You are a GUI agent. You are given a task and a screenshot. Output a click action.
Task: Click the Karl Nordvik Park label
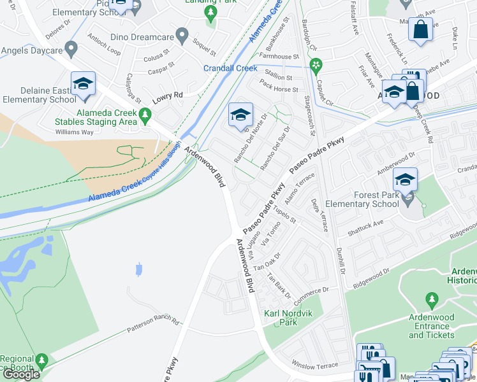point(281,317)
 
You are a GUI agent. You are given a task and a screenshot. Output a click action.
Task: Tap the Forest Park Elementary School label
point(361,199)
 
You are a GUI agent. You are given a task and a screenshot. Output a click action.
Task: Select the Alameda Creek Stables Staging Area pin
point(145,115)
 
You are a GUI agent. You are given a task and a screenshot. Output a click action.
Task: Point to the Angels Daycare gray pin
point(71,48)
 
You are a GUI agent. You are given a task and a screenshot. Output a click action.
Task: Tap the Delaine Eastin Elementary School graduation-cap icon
point(83,85)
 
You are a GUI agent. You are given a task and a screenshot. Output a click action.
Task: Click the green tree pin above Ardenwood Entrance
point(432,299)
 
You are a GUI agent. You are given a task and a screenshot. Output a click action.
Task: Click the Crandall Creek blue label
point(230,68)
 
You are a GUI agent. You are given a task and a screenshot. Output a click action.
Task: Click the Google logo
point(20,374)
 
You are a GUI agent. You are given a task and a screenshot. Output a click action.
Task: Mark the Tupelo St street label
point(285,215)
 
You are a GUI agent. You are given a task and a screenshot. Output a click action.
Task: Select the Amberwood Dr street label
point(395,167)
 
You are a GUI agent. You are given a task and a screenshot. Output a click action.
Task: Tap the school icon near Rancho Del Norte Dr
point(240,115)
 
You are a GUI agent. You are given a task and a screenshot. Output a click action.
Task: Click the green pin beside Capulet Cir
point(314,64)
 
